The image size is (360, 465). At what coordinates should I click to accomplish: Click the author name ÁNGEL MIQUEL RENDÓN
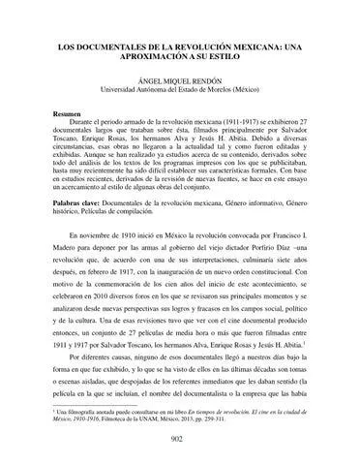[179, 82]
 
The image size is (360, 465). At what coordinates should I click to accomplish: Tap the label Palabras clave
[78, 205]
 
